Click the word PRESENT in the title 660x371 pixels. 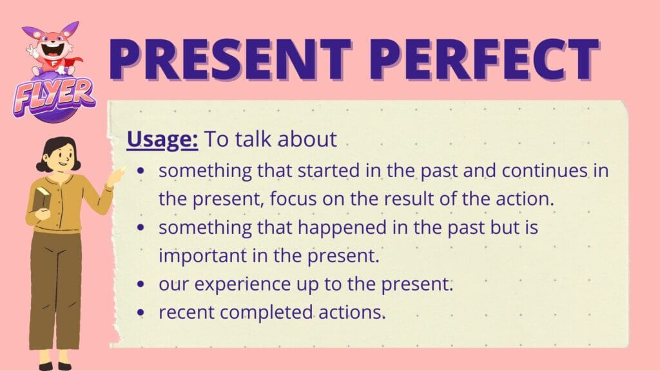[x=230, y=59]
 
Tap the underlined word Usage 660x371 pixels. [x=162, y=140]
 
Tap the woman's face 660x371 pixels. [x=63, y=158]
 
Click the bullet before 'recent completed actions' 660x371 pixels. [x=141, y=312]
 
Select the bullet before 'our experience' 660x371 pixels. [x=141, y=284]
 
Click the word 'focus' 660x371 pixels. [x=293, y=199]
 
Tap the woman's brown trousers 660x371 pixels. [x=57, y=290]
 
